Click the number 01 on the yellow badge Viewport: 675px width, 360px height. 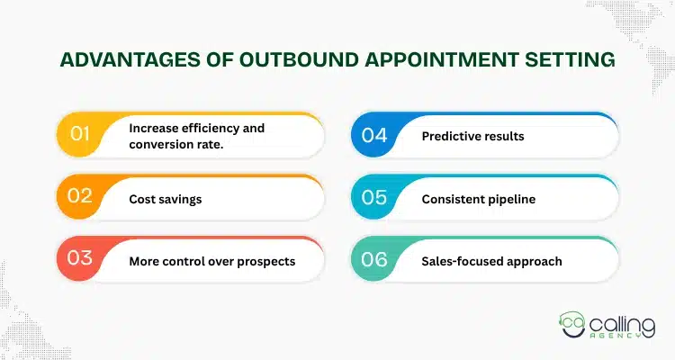click(79, 136)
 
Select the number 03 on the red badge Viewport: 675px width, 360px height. click(80, 260)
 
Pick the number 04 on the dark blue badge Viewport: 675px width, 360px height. click(373, 136)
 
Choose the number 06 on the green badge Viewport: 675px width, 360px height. click(373, 260)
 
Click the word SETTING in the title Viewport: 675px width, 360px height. click(571, 61)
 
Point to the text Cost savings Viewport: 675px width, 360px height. click(166, 199)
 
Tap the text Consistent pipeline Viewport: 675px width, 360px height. click(479, 199)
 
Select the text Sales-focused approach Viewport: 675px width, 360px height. click(491, 261)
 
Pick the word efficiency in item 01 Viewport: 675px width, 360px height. click(208, 128)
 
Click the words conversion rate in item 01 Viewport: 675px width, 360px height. click(175, 144)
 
